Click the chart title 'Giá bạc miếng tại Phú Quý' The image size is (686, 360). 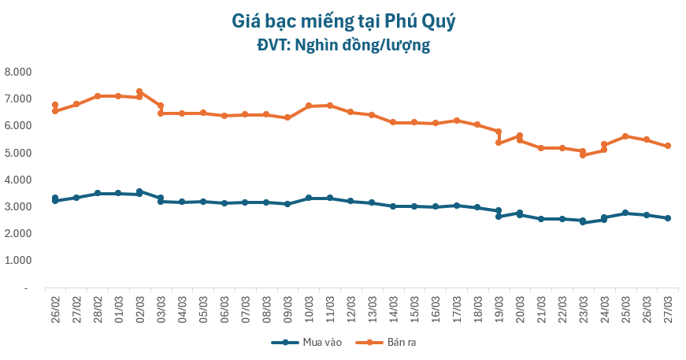point(343,21)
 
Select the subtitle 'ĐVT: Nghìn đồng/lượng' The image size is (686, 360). point(343,46)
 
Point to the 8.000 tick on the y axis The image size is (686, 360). point(17,72)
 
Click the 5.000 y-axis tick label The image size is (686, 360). point(17,153)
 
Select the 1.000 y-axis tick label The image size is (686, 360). point(17,261)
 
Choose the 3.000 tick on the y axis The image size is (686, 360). point(17,206)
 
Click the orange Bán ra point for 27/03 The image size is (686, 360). point(668,146)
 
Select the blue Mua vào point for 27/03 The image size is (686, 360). point(668,218)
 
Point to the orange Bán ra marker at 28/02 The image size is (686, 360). point(98,96)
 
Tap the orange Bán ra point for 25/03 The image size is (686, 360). point(625,136)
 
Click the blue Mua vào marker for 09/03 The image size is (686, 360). point(287,204)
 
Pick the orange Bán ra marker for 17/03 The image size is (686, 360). point(457,121)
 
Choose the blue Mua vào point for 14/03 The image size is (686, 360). point(393,206)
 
